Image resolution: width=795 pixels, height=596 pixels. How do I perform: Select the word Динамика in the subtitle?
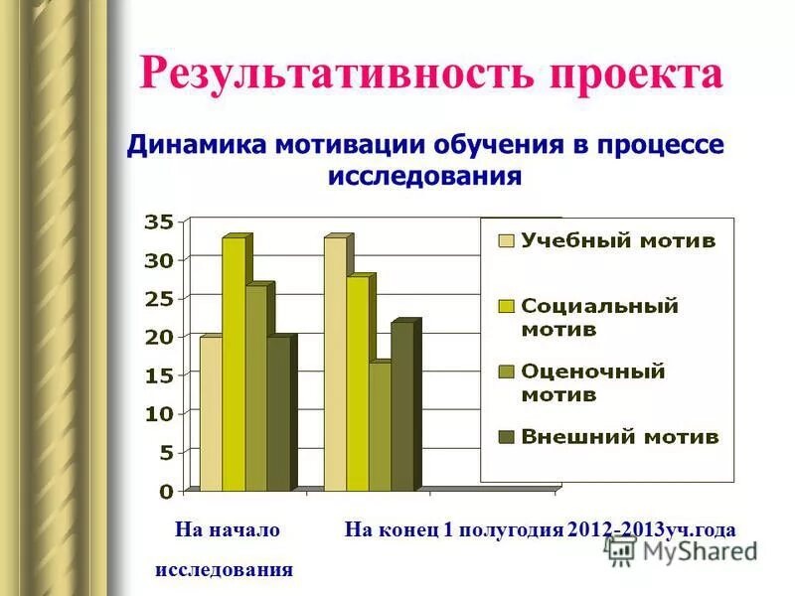196,145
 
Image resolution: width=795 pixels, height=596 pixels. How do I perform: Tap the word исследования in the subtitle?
424,177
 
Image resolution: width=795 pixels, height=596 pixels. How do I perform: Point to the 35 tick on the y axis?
159,222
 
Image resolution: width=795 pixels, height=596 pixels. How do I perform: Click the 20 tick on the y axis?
159,337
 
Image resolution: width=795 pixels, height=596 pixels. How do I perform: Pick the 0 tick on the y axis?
166,491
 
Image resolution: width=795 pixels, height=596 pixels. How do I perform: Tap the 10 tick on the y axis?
159,413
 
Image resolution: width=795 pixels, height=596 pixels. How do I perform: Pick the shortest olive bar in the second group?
380,426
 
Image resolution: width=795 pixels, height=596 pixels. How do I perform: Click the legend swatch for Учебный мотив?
506,240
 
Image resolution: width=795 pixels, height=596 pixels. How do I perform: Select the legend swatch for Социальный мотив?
506,306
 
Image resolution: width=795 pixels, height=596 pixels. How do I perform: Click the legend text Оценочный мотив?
593,382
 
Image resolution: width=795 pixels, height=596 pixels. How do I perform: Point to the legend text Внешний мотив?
620,437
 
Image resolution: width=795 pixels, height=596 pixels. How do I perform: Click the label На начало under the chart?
228,530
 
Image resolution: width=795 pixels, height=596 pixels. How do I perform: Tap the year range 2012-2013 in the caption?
617,530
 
